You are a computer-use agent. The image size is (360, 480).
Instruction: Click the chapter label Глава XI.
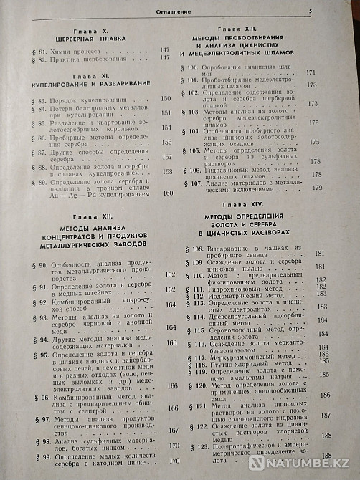(x=90, y=75)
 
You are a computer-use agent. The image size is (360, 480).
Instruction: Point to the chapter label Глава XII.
(x=88, y=225)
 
